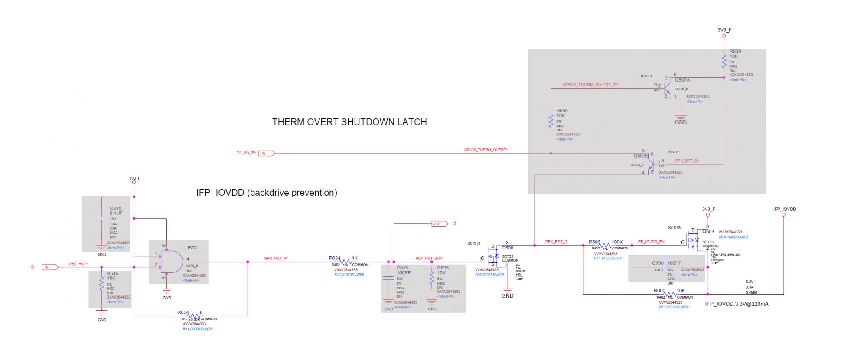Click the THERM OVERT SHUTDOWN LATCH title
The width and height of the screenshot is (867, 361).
pyautogui.click(x=349, y=122)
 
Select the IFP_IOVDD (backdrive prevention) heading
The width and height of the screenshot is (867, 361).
pyautogui.click(x=267, y=192)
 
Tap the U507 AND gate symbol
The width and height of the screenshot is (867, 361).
pyautogui.click(x=171, y=261)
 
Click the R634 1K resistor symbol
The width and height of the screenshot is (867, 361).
pyautogui.click(x=346, y=262)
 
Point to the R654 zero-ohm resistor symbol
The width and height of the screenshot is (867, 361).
pyautogui.click(x=194, y=315)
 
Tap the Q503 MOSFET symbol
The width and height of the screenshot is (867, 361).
pyautogui.click(x=694, y=240)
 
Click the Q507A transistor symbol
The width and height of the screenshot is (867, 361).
pyautogui.click(x=668, y=89)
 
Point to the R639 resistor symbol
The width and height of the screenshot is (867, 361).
pyautogui.click(x=724, y=61)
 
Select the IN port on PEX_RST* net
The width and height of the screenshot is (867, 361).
pyautogui.click(x=49, y=267)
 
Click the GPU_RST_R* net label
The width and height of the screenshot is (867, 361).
pyautogui.click(x=276, y=258)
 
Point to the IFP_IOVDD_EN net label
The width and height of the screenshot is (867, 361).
pyautogui.click(x=651, y=242)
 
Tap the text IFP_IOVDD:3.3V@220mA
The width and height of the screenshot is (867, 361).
pyautogui.click(x=737, y=304)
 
